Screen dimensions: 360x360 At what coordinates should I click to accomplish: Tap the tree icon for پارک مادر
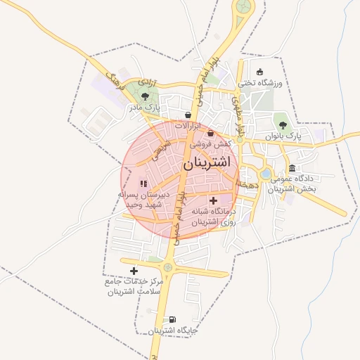click(145, 96)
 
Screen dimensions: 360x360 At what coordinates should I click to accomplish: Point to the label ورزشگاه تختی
click(260, 83)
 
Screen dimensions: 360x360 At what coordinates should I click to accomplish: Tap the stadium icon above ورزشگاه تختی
click(260, 71)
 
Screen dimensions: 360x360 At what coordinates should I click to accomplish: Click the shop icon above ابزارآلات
click(188, 115)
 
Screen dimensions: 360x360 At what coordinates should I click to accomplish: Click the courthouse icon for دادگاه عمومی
click(292, 168)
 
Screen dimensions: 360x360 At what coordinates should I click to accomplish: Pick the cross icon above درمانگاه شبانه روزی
click(213, 200)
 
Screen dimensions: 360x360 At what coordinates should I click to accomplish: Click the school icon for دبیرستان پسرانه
click(143, 184)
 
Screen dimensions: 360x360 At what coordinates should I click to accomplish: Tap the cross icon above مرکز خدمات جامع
click(134, 271)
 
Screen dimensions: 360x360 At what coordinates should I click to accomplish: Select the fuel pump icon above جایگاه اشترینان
click(172, 319)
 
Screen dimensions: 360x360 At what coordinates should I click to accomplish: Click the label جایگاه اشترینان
click(172, 330)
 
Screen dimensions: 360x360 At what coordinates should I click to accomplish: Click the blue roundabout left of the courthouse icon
click(265, 174)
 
